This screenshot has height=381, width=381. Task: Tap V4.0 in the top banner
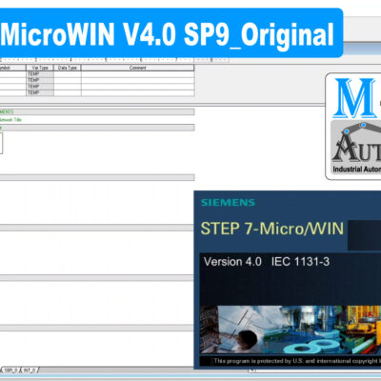pyautogui.click(x=153, y=36)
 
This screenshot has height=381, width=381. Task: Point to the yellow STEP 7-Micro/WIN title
pyautogui.click(x=271, y=230)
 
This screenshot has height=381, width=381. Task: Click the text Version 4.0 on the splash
pyautogui.click(x=233, y=260)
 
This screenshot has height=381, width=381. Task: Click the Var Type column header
pyautogui.click(x=40, y=69)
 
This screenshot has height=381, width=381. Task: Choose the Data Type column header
pyautogui.click(x=68, y=69)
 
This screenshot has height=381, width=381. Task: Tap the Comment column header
pyautogui.click(x=137, y=69)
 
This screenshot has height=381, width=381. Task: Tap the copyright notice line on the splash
pyautogui.click(x=295, y=362)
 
